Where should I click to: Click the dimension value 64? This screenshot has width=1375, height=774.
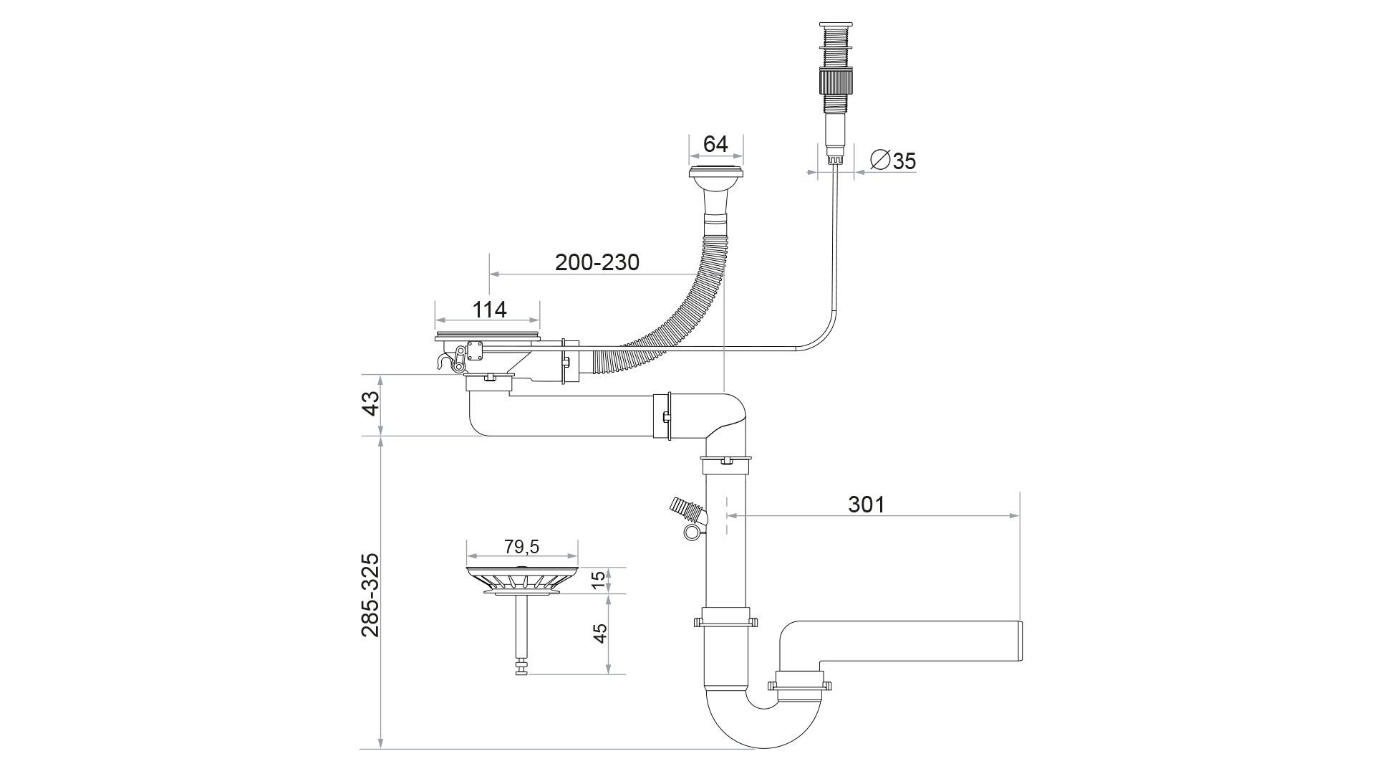[x=715, y=144]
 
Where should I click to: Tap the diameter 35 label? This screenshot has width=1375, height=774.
[x=893, y=161]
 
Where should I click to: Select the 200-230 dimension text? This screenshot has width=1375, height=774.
[x=597, y=262]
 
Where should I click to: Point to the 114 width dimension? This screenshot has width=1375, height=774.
[x=490, y=310]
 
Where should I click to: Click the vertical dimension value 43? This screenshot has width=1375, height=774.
[x=370, y=404]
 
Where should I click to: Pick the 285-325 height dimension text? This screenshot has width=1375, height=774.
[x=370, y=595]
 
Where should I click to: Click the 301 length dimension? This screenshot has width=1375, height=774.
[x=867, y=505]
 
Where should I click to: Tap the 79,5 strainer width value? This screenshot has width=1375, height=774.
[x=521, y=547]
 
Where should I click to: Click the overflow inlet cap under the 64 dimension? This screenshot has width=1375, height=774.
[x=715, y=172]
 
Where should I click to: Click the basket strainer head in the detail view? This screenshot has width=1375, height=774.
[x=522, y=580]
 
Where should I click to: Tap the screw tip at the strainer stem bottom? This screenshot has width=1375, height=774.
[x=521, y=671]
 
